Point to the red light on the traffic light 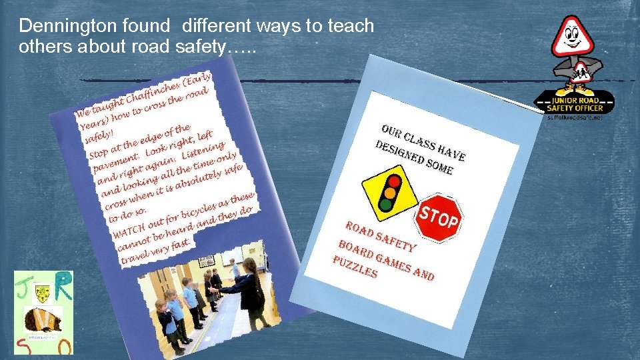click(x=395, y=181)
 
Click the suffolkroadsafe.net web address click(x=575, y=117)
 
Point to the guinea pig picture click(x=43, y=319)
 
